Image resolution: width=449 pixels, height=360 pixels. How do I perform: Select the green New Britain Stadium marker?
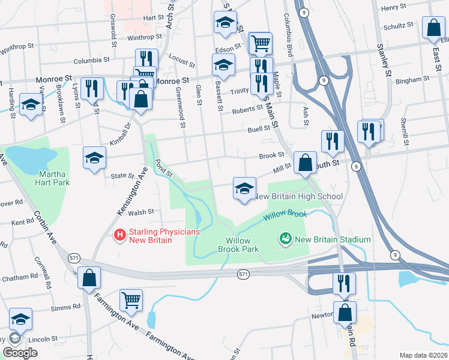point(285,239)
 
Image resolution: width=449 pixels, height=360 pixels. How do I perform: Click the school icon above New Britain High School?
point(244,188)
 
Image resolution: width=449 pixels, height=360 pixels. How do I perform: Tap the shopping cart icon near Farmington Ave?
point(131,298)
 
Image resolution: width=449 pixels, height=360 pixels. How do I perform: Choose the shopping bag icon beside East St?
point(433,27)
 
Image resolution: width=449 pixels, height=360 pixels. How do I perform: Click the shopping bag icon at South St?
point(305,162)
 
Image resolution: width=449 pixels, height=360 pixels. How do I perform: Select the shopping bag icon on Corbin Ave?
point(89,278)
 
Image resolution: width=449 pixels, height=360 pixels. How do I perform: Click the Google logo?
point(20,353)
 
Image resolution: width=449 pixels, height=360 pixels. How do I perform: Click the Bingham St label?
point(412,79)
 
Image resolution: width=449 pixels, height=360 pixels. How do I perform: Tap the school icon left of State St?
point(94,158)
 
